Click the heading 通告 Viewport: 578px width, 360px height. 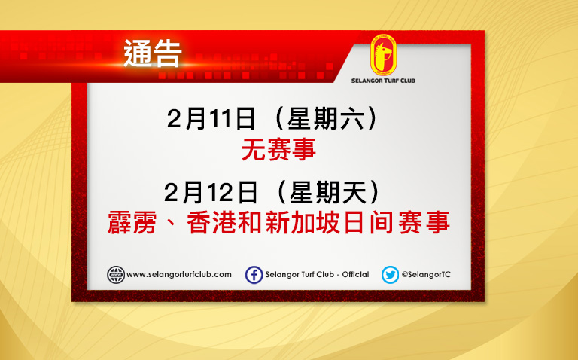coord(153,54)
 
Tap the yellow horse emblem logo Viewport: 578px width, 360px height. coord(383,55)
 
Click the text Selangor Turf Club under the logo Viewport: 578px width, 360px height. coord(383,81)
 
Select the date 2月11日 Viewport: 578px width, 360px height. coord(211,119)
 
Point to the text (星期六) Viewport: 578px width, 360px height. coord(326,119)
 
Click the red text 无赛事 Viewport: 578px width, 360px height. coord(278,149)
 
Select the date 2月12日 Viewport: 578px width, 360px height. coord(211,192)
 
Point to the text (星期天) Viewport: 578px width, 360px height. coord(328,192)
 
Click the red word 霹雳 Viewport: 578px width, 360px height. coord(132,222)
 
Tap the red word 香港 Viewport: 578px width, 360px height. coord(211,222)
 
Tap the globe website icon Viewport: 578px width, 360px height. coord(116,275)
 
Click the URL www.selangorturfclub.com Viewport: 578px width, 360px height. coord(179,275)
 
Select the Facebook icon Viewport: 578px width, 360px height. coord(254,275)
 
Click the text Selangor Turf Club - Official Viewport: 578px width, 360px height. coord(317,274)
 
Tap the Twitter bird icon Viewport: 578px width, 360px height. coord(390,275)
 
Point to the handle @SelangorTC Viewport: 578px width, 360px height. coord(426,274)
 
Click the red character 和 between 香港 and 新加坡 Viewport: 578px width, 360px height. coord(251,222)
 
